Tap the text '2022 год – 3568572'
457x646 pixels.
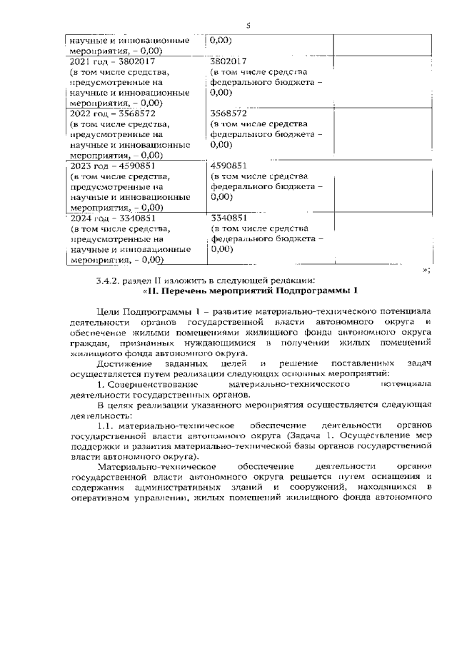106,113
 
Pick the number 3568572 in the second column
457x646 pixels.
229,113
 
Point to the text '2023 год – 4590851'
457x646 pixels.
106,166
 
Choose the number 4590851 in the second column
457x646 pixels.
229,166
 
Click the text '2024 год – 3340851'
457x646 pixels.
106,218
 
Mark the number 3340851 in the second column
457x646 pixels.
229,218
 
